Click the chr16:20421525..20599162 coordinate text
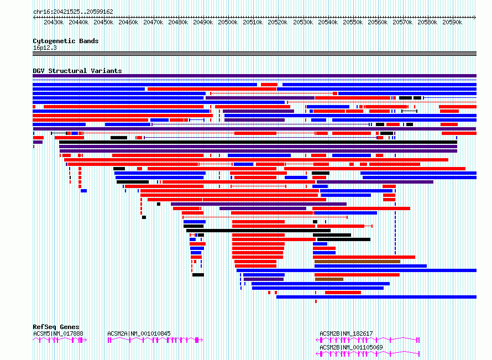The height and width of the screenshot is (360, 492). click(x=73, y=12)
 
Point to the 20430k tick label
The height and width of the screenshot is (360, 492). click(x=54, y=22)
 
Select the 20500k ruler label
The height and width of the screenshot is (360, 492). click(x=228, y=22)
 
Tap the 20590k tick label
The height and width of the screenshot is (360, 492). click(x=452, y=22)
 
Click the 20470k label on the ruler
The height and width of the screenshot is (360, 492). click(x=153, y=22)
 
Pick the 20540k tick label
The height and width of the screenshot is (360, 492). click(x=328, y=22)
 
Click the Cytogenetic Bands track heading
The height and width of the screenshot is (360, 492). click(x=66, y=41)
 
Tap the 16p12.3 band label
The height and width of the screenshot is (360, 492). click(x=45, y=48)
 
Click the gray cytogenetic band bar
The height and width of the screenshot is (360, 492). click(x=254, y=54)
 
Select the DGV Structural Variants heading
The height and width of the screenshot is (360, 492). click(x=77, y=71)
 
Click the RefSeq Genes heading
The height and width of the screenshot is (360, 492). click(x=56, y=327)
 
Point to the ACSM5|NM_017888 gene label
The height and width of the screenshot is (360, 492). click(x=58, y=333)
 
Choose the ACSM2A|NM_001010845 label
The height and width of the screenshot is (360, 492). click(x=139, y=333)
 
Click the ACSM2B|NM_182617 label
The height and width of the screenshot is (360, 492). click(x=346, y=333)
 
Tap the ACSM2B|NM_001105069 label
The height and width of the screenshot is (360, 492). click(x=351, y=347)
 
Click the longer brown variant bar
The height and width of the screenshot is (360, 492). click(x=357, y=262)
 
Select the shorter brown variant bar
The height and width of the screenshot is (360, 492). click(x=329, y=279)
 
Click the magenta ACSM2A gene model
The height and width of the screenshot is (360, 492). click(x=155, y=340)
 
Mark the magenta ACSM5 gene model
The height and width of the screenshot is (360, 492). click(x=60, y=340)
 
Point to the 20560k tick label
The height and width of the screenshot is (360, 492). click(x=378, y=22)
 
